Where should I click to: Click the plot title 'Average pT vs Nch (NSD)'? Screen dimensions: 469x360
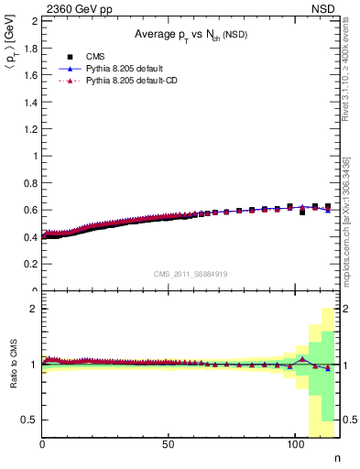tap(191, 36)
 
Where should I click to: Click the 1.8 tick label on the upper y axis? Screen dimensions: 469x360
tap(29, 47)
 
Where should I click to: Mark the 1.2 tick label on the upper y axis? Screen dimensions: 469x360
tap(29, 128)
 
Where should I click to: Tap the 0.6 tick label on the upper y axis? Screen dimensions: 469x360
tap(29, 210)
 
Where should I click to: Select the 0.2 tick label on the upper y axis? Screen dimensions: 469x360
tap(29, 264)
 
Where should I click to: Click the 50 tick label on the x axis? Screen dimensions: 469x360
tap(169, 444)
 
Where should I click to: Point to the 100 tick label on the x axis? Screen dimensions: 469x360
tap(295, 444)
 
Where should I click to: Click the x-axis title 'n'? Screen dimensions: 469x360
tap(335, 458)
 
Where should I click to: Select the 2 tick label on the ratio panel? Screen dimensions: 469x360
tap(33, 309)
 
